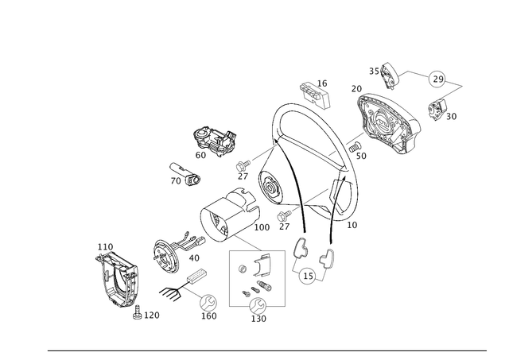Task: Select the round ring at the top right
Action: (437, 78)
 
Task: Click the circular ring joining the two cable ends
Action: (309, 275)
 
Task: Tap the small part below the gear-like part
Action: (184, 175)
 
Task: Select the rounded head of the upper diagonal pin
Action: (239, 168)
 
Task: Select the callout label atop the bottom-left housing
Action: (102, 246)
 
